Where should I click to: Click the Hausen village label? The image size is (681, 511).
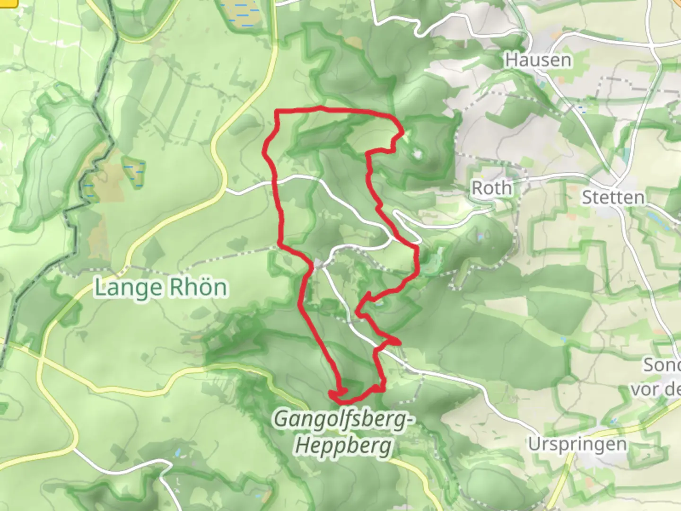(x=538, y=60)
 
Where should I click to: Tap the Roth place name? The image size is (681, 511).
(x=492, y=188)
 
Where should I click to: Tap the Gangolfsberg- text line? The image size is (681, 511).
(x=340, y=419)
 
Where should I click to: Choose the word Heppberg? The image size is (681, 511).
(x=344, y=445)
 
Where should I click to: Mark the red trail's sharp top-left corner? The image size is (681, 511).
(x=277, y=112)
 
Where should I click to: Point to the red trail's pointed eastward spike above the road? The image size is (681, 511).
(x=399, y=342)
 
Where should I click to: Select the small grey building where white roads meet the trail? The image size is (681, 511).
(x=319, y=263)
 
